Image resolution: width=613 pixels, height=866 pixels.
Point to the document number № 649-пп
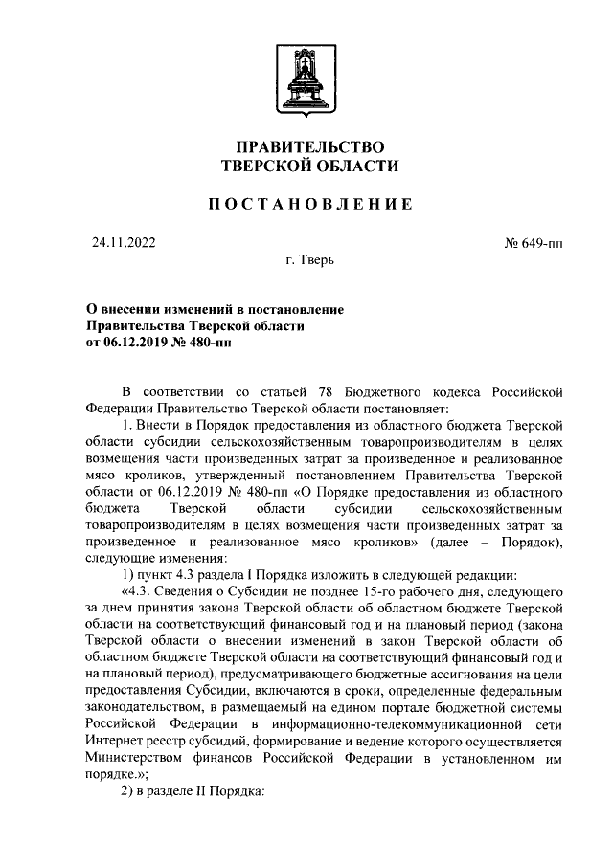[x=532, y=243]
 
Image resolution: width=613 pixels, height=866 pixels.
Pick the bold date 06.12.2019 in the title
[x=140, y=343]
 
